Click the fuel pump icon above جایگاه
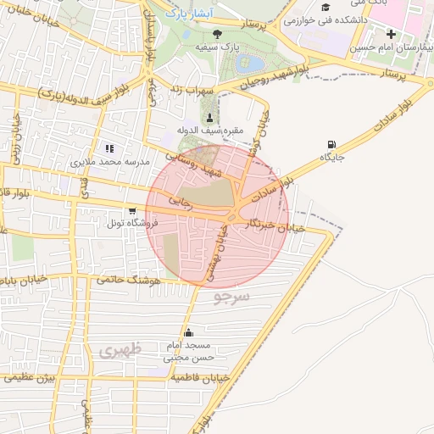tap(331, 144)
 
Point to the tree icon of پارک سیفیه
tap(218, 34)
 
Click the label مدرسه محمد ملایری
tap(108, 162)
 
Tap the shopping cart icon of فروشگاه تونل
tap(131, 210)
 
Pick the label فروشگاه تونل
tap(128, 223)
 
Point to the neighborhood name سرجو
tap(232, 298)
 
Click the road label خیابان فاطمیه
tap(194, 379)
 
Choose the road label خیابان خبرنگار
tap(268, 225)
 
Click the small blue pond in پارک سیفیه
tap(251, 64)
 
